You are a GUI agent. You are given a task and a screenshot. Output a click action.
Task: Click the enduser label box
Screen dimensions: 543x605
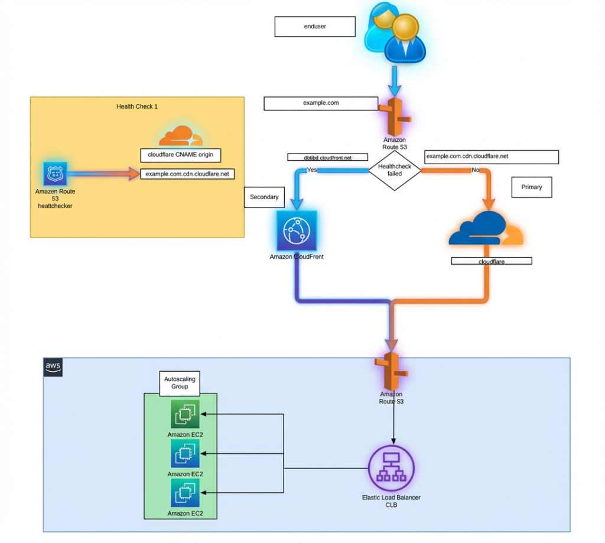tap(314, 27)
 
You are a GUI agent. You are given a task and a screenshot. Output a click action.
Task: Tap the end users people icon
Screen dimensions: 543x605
tap(395, 34)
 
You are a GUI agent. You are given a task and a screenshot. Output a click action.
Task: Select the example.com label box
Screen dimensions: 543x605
tap(321, 103)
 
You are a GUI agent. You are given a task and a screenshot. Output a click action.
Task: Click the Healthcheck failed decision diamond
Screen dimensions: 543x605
tap(394, 171)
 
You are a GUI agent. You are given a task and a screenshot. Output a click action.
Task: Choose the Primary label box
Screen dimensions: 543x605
tap(531, 187)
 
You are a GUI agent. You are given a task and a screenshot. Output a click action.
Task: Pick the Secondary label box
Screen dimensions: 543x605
tap(264, 197)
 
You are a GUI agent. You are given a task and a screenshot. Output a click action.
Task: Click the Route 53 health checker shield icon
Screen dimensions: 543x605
tap(55, 174)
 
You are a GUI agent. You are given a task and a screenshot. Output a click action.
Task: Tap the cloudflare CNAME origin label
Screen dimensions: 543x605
tap(180, 155)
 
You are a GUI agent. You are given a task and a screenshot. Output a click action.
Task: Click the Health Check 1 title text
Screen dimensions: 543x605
tap(137, 106)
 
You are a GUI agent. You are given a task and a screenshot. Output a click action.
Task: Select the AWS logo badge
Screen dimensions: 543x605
tap(53, 367)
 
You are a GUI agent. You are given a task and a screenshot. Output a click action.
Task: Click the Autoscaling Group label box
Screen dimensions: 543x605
tap(180, 383)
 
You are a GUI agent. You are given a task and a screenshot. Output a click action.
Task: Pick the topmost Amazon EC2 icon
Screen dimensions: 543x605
tap(185, 415)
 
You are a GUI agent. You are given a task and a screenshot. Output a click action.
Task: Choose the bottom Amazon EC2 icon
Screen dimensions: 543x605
tap(185, 493)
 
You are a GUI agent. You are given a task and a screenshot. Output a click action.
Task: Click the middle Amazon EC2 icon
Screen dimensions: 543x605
tap(185, 454)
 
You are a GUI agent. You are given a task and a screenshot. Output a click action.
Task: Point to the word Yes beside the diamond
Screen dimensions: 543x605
tap(311, 170)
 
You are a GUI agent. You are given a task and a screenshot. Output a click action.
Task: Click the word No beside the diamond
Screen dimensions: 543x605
tap(476, 170)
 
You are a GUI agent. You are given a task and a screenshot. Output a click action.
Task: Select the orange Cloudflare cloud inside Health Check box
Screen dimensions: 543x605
tap(181, 136)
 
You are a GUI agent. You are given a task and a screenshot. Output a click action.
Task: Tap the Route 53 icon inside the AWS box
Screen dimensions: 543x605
tap(391, 372)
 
